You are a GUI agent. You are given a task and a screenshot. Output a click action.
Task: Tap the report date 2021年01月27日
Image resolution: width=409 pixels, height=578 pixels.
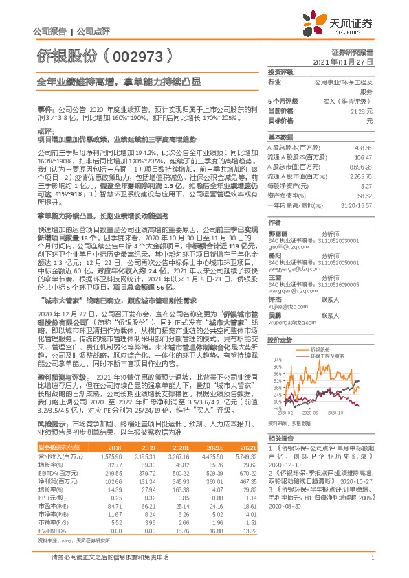click(342, 62)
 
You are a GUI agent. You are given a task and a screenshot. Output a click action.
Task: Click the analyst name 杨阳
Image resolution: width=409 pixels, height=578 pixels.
click(275, 235)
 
